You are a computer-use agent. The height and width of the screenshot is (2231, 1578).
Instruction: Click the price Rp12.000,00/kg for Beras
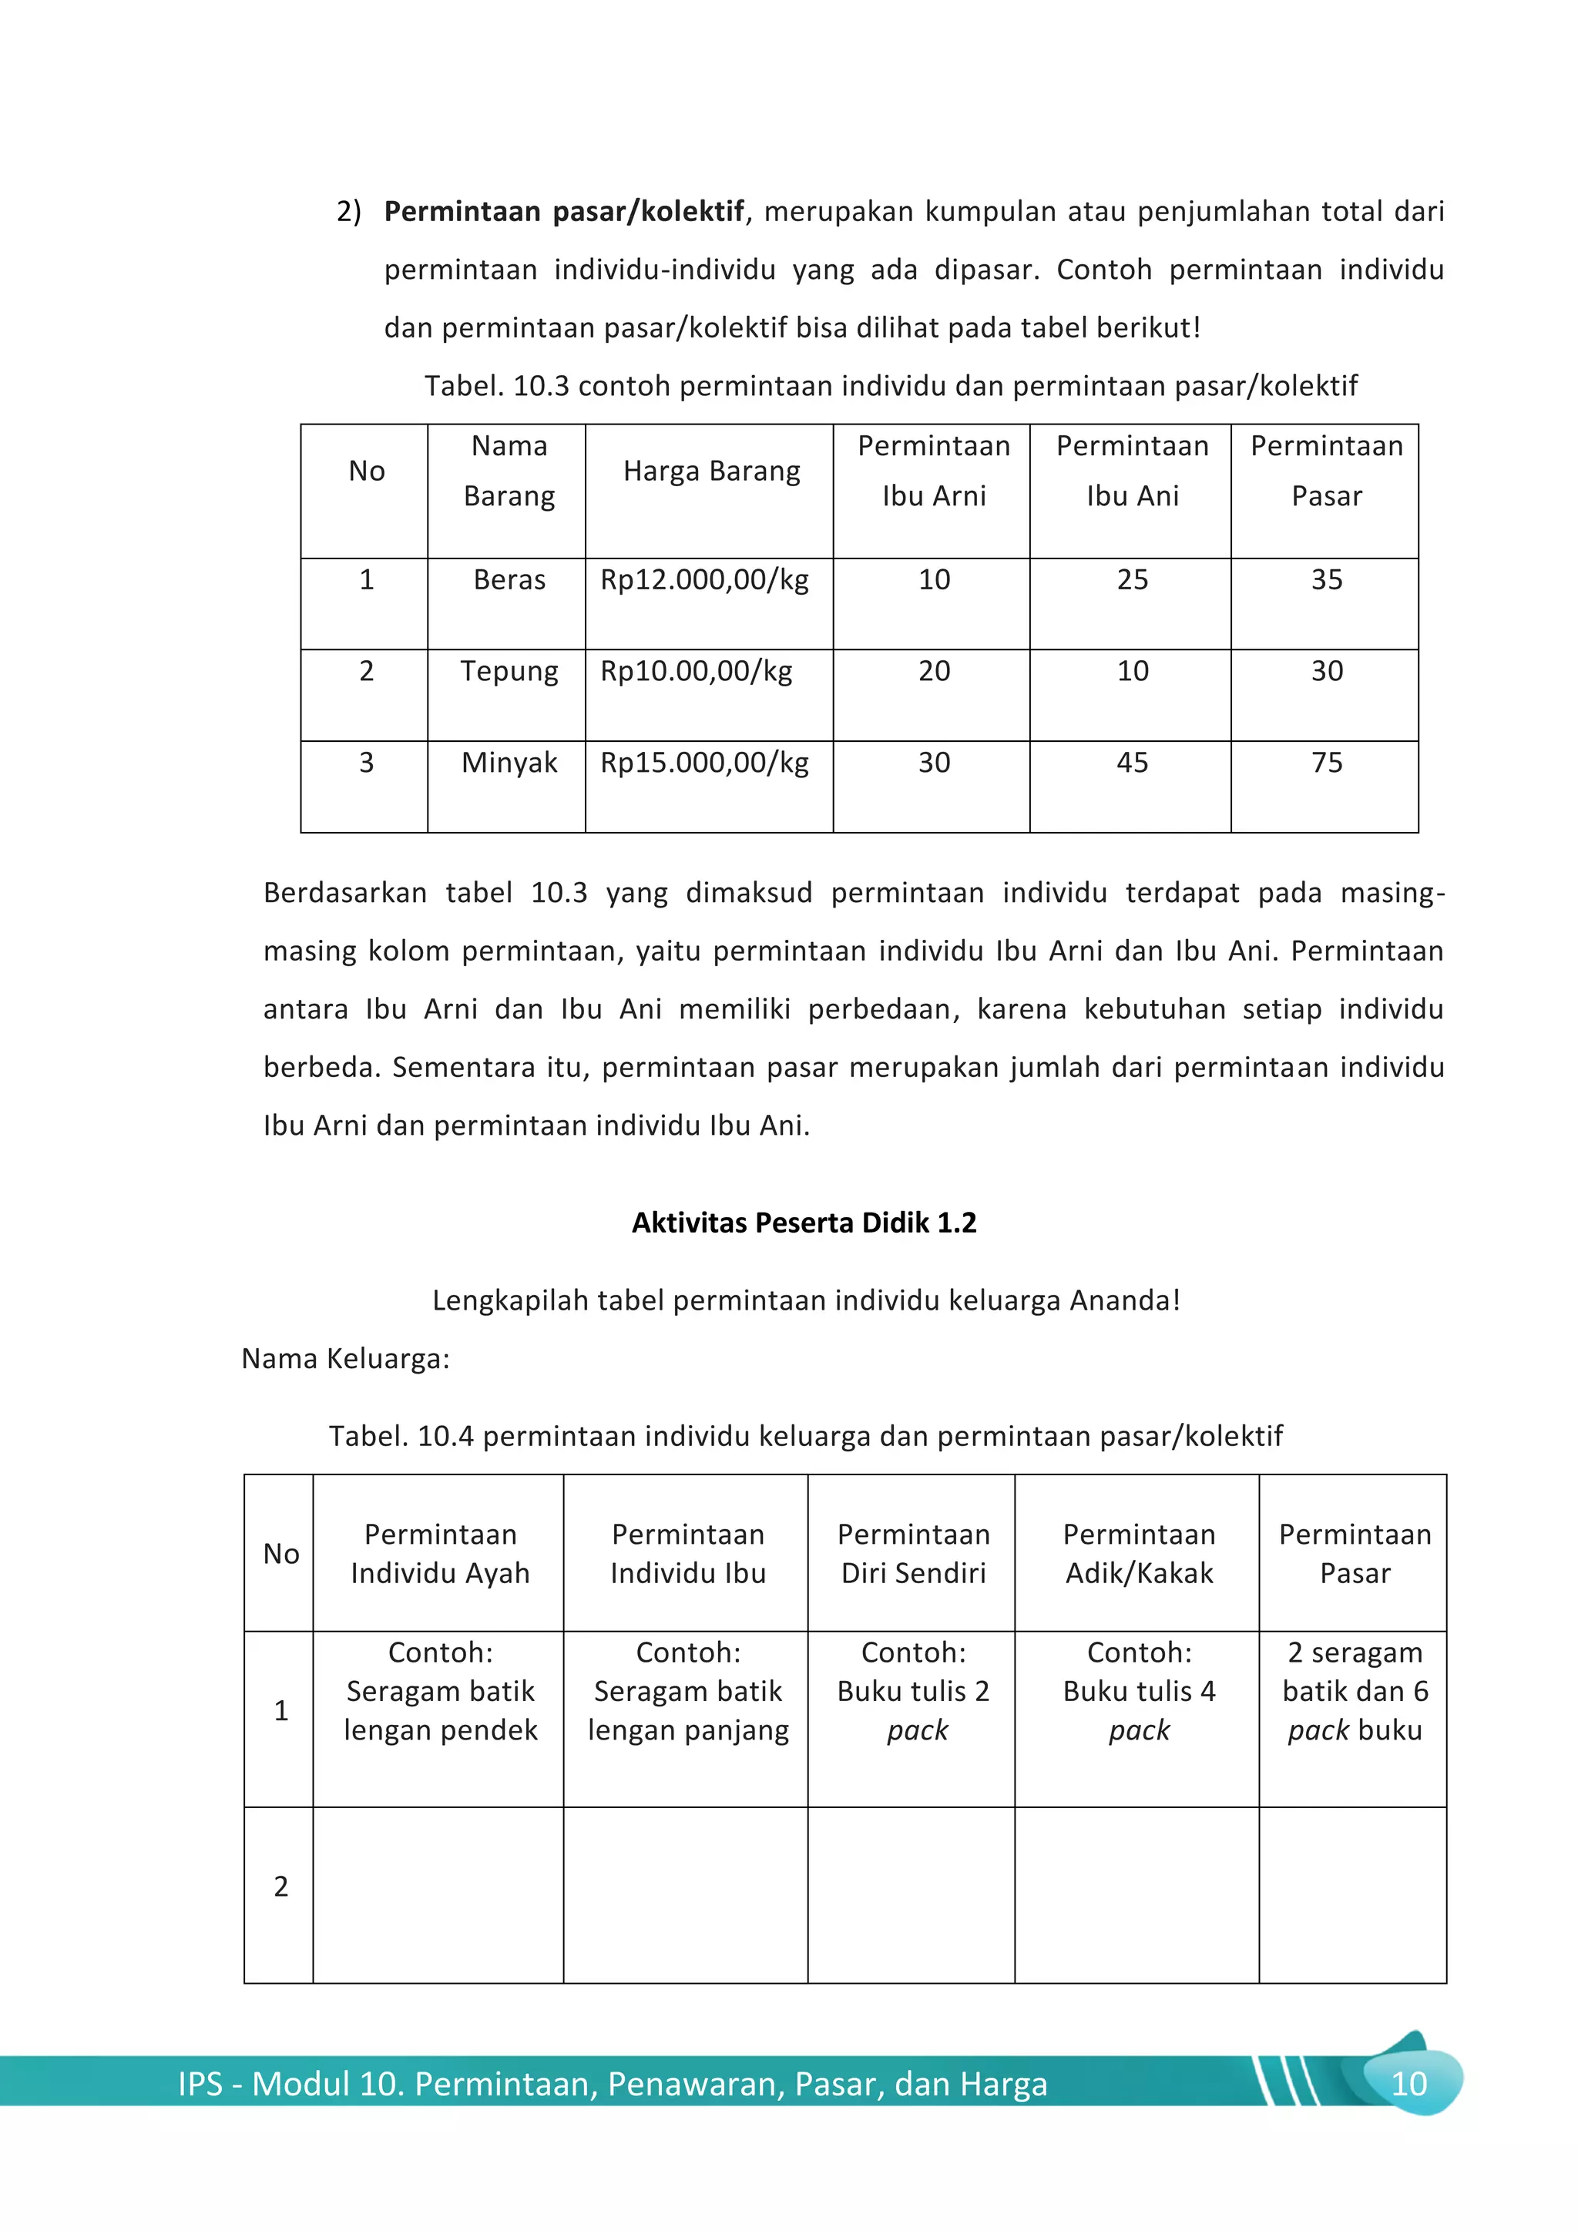[704, 580]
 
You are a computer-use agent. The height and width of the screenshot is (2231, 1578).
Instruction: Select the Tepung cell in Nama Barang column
[509, 672]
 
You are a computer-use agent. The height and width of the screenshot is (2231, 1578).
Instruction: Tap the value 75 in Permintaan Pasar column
[1326, 763]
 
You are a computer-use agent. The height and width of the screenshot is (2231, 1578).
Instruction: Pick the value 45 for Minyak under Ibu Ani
[1132, 763]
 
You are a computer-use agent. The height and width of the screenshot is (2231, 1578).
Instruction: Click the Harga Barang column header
[711, 471]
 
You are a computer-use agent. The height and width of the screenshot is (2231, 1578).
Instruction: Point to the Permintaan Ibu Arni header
[934, 471]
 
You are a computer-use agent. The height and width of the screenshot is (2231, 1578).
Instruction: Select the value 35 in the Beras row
[1326, 580]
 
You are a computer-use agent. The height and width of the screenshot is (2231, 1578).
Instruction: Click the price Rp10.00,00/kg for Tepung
[697, 672]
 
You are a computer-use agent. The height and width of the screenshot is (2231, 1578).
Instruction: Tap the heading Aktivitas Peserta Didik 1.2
[804, 1223]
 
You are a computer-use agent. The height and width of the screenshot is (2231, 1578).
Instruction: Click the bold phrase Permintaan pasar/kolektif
[563, 212]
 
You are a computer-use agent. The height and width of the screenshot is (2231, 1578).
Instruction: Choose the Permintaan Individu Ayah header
[440, 1554]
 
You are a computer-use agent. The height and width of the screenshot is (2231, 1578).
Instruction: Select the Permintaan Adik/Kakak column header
[1139, 1554]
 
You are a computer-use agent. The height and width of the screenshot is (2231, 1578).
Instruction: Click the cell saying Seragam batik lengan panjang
[688, 1692]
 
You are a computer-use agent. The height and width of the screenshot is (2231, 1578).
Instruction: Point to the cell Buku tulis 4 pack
[1139, 1692]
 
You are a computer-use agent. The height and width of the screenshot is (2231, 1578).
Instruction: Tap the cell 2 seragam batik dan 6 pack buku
[1355, 1692]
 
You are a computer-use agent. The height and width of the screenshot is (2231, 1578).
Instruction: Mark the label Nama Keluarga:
[346, 1358]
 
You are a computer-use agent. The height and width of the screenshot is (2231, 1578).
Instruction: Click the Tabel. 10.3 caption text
[890, 387]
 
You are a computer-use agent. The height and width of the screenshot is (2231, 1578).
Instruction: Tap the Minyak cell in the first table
[509, 763]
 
